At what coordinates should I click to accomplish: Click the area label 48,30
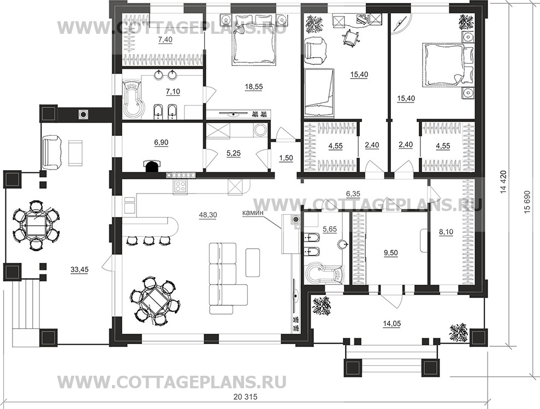tap(208, 215)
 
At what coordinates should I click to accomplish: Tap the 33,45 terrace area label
tap(80, 268)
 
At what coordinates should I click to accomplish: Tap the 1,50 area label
tap(286, 159)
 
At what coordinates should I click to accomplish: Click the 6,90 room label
tap(162, 142)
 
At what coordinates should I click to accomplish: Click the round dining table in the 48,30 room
tap(153, 301)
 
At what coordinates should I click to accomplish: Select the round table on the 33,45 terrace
tap(36, 225)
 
